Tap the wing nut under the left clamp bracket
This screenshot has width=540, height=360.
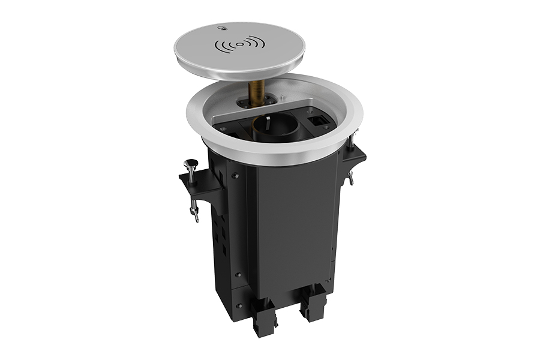pos(193,212)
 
